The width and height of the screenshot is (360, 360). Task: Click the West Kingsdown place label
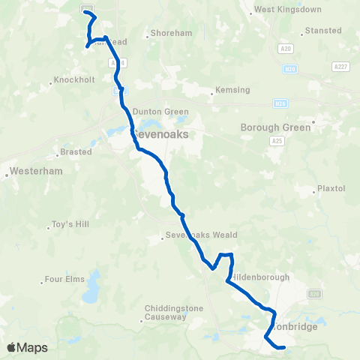click(x=277, y=10)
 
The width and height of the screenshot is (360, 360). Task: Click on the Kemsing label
click(x=231, y=89)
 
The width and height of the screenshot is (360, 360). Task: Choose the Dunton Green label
click(x=157, y=112)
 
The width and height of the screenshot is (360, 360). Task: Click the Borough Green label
click(x=275, y=127)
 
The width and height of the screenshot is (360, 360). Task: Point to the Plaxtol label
click(x=331, y=188)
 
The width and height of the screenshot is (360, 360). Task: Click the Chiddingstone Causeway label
click(x=166, y=313)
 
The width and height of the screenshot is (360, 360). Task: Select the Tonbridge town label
click(x=292, y=327)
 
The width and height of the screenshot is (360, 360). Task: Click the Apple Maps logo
click(x=27, y=347)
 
